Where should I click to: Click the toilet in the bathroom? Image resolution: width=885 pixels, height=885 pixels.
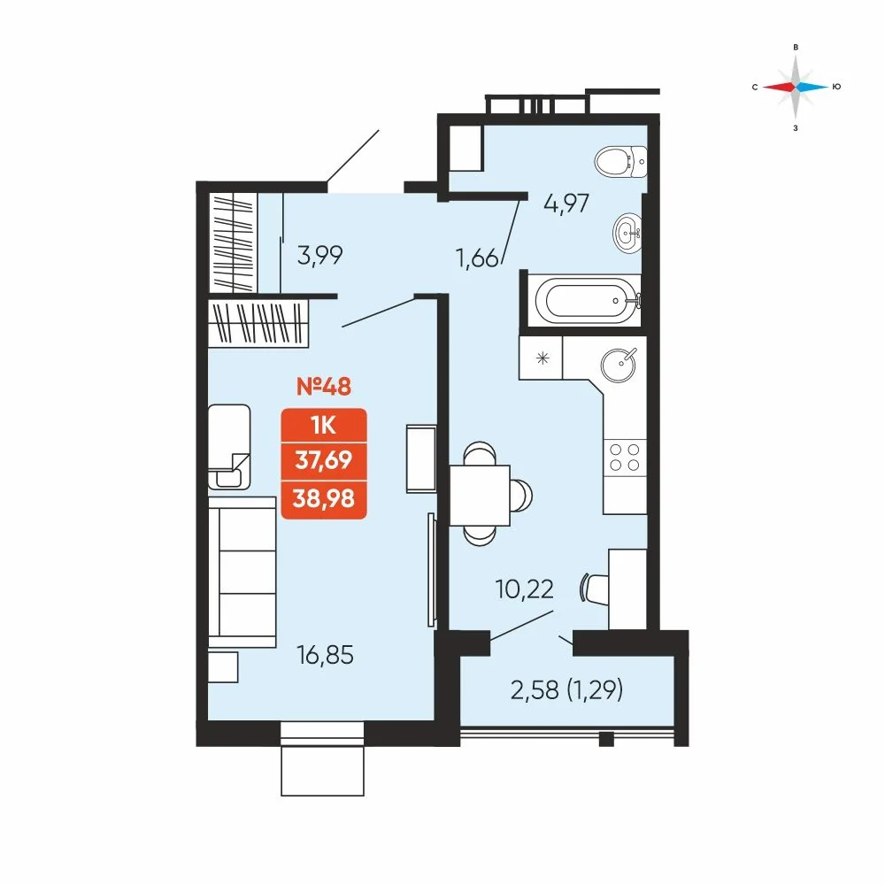pos(621,161)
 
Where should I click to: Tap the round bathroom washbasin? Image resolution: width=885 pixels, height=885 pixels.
pos(627,233)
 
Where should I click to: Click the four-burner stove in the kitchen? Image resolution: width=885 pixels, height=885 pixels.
pos(625,458)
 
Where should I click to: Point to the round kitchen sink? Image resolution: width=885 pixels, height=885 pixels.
pos(619,365)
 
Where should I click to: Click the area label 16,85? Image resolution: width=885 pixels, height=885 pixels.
pos(325,655)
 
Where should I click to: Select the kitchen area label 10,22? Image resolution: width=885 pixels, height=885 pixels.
pos(524,589)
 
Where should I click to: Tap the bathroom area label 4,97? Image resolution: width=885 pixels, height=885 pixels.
pos(566,204)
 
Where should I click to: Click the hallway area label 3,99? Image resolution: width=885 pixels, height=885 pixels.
pos(320,256)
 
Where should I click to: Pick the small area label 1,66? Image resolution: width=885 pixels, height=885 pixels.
pos(478,259)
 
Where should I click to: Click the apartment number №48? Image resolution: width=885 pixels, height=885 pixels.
pos(324,387)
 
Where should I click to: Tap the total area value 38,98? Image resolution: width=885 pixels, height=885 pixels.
pos(323,498)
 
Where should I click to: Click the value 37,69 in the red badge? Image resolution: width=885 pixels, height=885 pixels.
pos(323,460)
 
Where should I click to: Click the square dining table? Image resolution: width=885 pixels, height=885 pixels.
pos(480,495)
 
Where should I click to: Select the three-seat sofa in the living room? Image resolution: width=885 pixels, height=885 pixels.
pos(242,573)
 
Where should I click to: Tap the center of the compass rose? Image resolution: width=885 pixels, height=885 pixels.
pos(796,87)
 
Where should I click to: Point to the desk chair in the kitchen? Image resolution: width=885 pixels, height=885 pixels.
pos(595,589)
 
